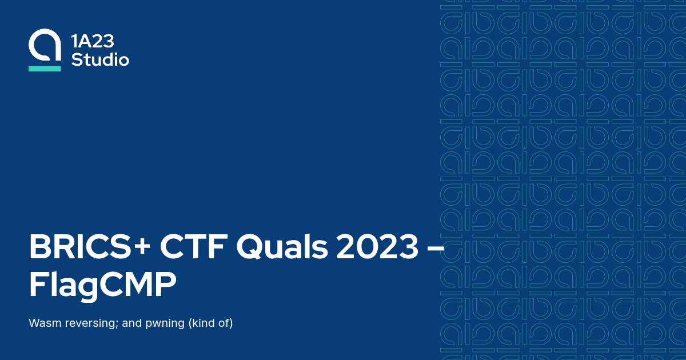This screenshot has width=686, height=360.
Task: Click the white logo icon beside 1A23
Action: (45, 45)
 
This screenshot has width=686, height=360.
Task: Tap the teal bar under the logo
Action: (45, 69)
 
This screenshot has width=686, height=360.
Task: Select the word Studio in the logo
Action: (100, 59)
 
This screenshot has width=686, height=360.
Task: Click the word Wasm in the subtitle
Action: (42, 323)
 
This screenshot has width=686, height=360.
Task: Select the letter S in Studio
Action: (77, 59)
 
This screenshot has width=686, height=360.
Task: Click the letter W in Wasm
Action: (34, 323)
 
